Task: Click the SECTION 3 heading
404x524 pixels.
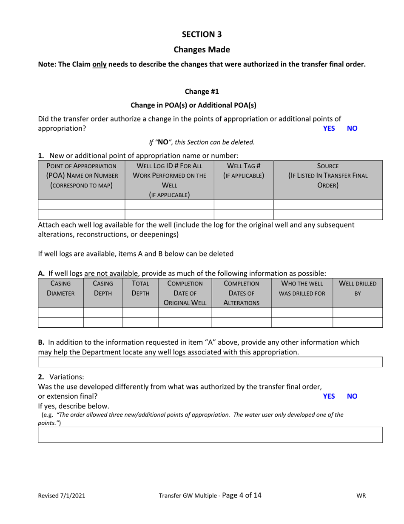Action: pos(202,34)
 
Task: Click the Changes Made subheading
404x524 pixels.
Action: pos(202,49)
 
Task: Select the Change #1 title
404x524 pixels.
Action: pos(202,91)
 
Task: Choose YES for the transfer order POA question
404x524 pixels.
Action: pos(329,128)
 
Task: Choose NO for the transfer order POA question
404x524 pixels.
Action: pos(353,128)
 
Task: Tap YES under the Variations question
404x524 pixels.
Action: pos(329,396)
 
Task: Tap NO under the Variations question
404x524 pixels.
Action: pos(353,396)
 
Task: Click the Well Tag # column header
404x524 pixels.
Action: pos(244,170)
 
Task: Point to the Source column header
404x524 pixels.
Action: pos(328,175)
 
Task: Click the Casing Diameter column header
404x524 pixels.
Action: pos(61,288)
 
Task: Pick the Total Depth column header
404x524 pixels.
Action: pos(140,288)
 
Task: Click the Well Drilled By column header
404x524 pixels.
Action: pos(358,288)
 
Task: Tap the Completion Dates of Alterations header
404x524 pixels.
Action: pos(242,293)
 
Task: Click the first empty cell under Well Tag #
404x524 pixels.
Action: pos(244,204)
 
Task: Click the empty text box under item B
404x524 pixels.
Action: pos(211,362)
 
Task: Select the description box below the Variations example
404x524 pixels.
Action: pos(211,435)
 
